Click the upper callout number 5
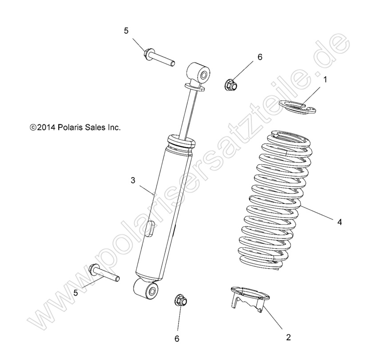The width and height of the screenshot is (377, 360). click(x=126, y=31)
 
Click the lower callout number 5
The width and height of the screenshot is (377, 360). click(x=75, y=293)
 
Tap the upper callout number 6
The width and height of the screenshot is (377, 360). click(x=260, y=57)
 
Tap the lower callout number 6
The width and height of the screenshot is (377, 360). click(x=177, y=339)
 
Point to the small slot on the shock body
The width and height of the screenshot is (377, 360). click(x=150, y=227)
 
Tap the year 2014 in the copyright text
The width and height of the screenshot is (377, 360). click(x=46, y=127)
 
